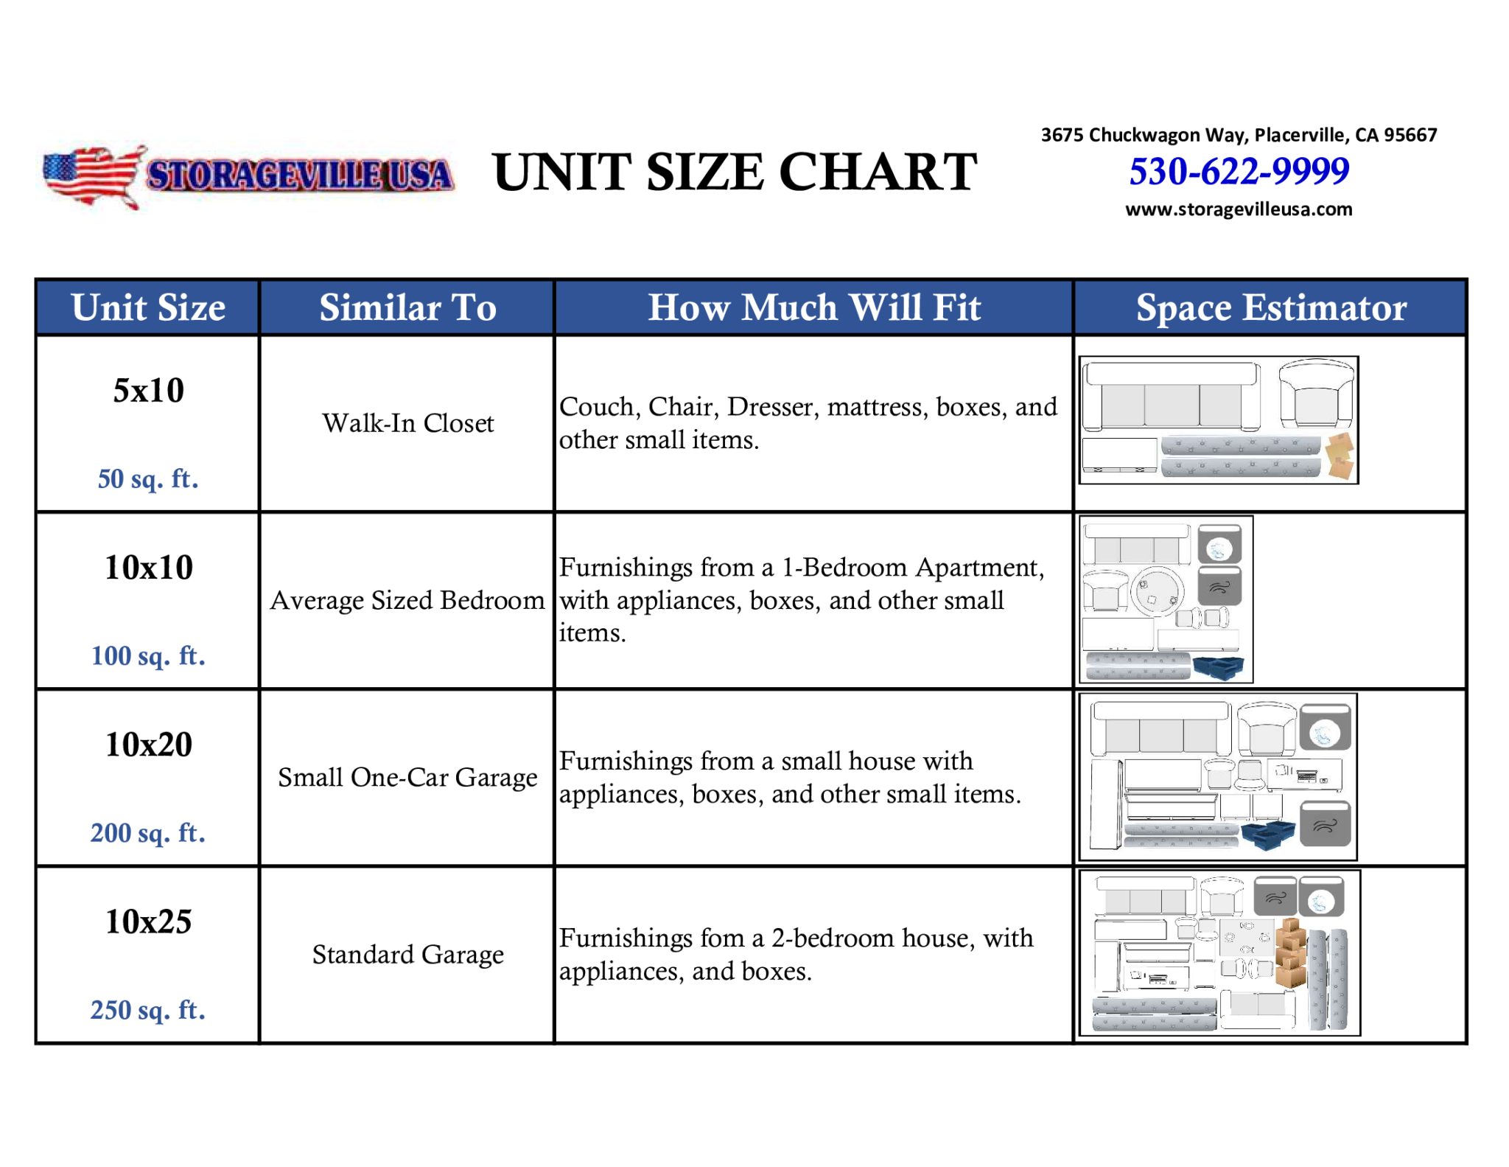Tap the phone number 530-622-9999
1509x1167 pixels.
pos(1239,171)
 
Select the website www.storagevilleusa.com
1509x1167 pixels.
pos(1239,209)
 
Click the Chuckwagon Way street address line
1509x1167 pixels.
pos(1239,135)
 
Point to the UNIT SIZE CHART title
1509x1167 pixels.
pos(735,173)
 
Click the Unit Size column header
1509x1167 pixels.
pos(148,307)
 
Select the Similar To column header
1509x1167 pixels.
pos(407,307)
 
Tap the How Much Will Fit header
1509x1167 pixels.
pos(814,307)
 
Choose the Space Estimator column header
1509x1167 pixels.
pos(1271,307)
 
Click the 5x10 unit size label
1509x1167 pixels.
pos(148,390)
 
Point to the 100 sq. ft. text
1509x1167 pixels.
pos(148,655)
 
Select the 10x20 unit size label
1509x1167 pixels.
pos(148,745)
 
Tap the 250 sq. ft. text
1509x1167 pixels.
pos(148,1009)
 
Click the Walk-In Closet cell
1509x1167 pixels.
pos(407,423)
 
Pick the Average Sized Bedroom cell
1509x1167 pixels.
pos(407,600)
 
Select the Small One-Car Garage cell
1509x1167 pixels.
pos(407,777)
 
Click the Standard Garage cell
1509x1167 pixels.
pos(407,954)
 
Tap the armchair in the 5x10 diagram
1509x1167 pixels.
pos(1317,394)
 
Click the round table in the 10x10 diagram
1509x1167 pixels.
pos(1158,591)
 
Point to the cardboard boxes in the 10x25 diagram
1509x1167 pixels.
pos(1290,953)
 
